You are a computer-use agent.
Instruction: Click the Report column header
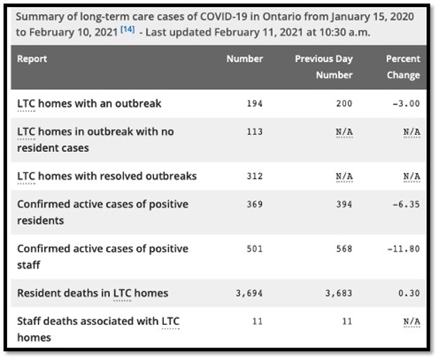point(32,59)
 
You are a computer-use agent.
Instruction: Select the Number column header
point(244,59)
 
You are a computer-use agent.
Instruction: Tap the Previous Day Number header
point(324,67)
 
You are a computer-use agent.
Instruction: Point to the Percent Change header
point(402,67)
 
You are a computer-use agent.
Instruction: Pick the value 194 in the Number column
point(254,104)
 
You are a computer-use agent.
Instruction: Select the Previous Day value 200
point(343,104)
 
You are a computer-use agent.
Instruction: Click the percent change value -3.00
point(406,104)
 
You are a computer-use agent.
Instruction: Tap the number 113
point(254,131)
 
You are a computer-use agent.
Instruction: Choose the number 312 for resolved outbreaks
point(254,176)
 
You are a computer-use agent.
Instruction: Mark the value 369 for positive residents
point(254,205)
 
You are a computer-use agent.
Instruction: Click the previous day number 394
point(343,205)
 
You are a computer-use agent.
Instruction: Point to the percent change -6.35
point(406,205)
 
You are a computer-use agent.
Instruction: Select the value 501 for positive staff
point(254,249)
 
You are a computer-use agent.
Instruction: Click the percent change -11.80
point(403,249)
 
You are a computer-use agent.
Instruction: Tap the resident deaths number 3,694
point(249,293)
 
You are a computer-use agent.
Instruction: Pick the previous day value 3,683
point(338,293)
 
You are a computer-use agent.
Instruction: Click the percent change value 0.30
point(409,293)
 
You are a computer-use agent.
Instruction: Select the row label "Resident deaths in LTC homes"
point(92,293)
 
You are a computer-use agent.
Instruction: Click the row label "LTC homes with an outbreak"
point(89,104)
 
